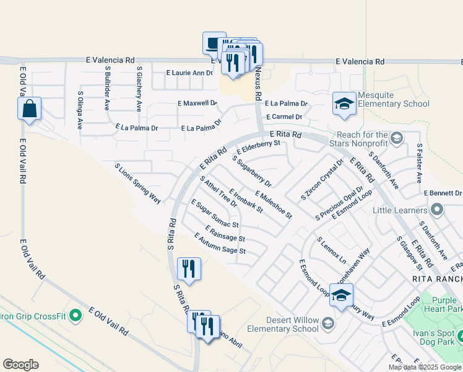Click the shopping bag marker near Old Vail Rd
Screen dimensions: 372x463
(x=30, y=110)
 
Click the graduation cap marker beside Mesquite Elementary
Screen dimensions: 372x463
(x=344, y=104)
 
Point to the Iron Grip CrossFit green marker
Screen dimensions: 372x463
(x=76, y=316)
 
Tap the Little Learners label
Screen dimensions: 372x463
(x=400, y=210)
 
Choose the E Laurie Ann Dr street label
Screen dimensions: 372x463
(x=189, y=73)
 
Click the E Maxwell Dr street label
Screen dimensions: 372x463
(x=197, y=103)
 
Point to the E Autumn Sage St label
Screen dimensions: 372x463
(x=220, y=244)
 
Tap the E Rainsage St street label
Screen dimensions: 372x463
(x=224, y=234)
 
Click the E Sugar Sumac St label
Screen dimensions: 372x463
(x=215, y=213)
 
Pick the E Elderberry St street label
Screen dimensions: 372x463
(x=258, y=148)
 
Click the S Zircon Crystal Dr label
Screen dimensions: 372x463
(x=321, y=180)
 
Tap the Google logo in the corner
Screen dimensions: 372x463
(x=20, y=365)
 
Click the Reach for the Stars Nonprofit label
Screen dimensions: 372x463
(x=362, y=139)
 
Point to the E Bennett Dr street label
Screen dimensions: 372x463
(x=443, y=193)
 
